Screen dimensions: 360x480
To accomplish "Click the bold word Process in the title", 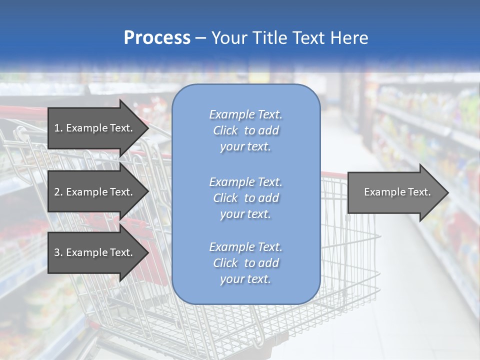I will click(157, 38).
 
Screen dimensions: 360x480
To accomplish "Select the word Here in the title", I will click(349, 38).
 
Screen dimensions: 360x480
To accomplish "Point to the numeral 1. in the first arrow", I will click(58, 128).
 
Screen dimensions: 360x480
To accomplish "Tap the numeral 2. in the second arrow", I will click(58, 192).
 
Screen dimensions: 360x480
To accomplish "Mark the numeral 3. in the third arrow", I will click(58, 252).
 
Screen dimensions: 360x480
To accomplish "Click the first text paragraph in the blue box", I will click(245, 130).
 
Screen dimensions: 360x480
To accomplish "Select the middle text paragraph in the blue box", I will click(245, 198).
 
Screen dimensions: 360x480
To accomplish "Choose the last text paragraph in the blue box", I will click(245, 263).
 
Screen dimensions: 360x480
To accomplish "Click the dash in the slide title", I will click(201, 38).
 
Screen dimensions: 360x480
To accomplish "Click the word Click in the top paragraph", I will click(225, 130).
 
